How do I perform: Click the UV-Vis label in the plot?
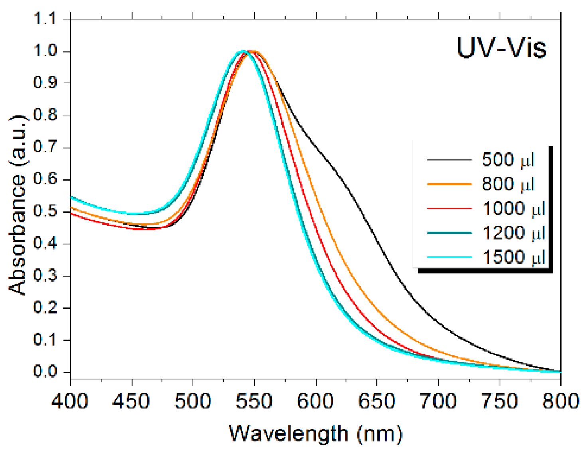tap(501, 48)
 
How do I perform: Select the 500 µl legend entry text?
tap(508, 160)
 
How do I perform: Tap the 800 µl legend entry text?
tap(508, 184)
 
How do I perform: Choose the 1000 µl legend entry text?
tap(514, 209)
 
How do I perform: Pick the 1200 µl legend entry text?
tap(514, 233)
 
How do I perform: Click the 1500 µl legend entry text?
tap(514, 257)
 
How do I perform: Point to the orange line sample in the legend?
tap(449, 184)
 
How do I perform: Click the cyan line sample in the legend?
tap(449, 257)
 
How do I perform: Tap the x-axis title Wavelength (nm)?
tap(315, 433)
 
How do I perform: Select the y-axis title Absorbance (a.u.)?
tap(18, 205)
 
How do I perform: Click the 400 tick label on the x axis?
tap(70, 401)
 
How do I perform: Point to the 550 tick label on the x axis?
tap(254, 401)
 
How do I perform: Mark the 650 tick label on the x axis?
tap(377, 401)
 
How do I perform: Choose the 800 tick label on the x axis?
tap(560, 401)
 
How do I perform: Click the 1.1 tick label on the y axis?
tap(45, 19)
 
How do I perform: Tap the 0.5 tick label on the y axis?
tap(45, 211)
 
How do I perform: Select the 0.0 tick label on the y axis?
tap(45, 372)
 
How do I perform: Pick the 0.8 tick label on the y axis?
tap(45, 115)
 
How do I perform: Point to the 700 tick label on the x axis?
tap(438, 401)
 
